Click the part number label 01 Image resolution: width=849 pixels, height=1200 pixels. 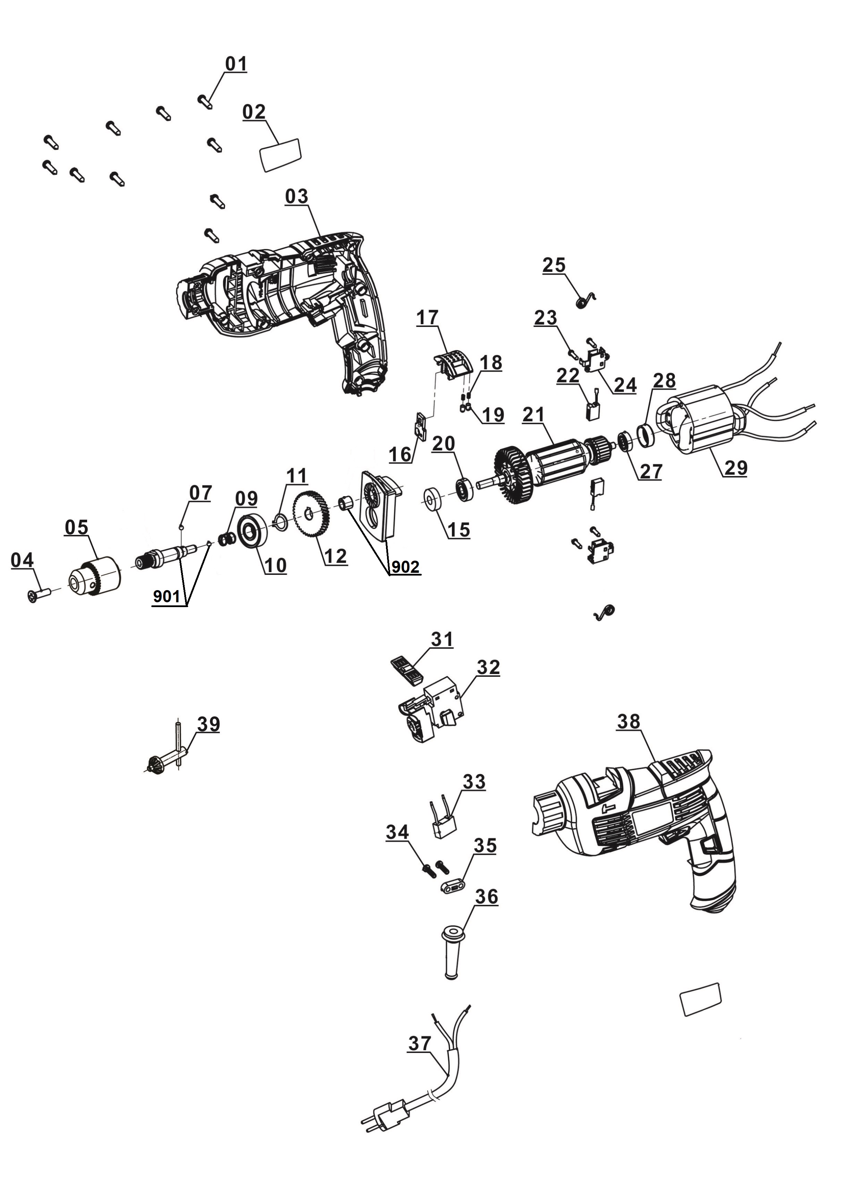click(x=236, y=64)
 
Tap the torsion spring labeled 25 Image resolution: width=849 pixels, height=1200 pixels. click(x=584, y=301)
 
